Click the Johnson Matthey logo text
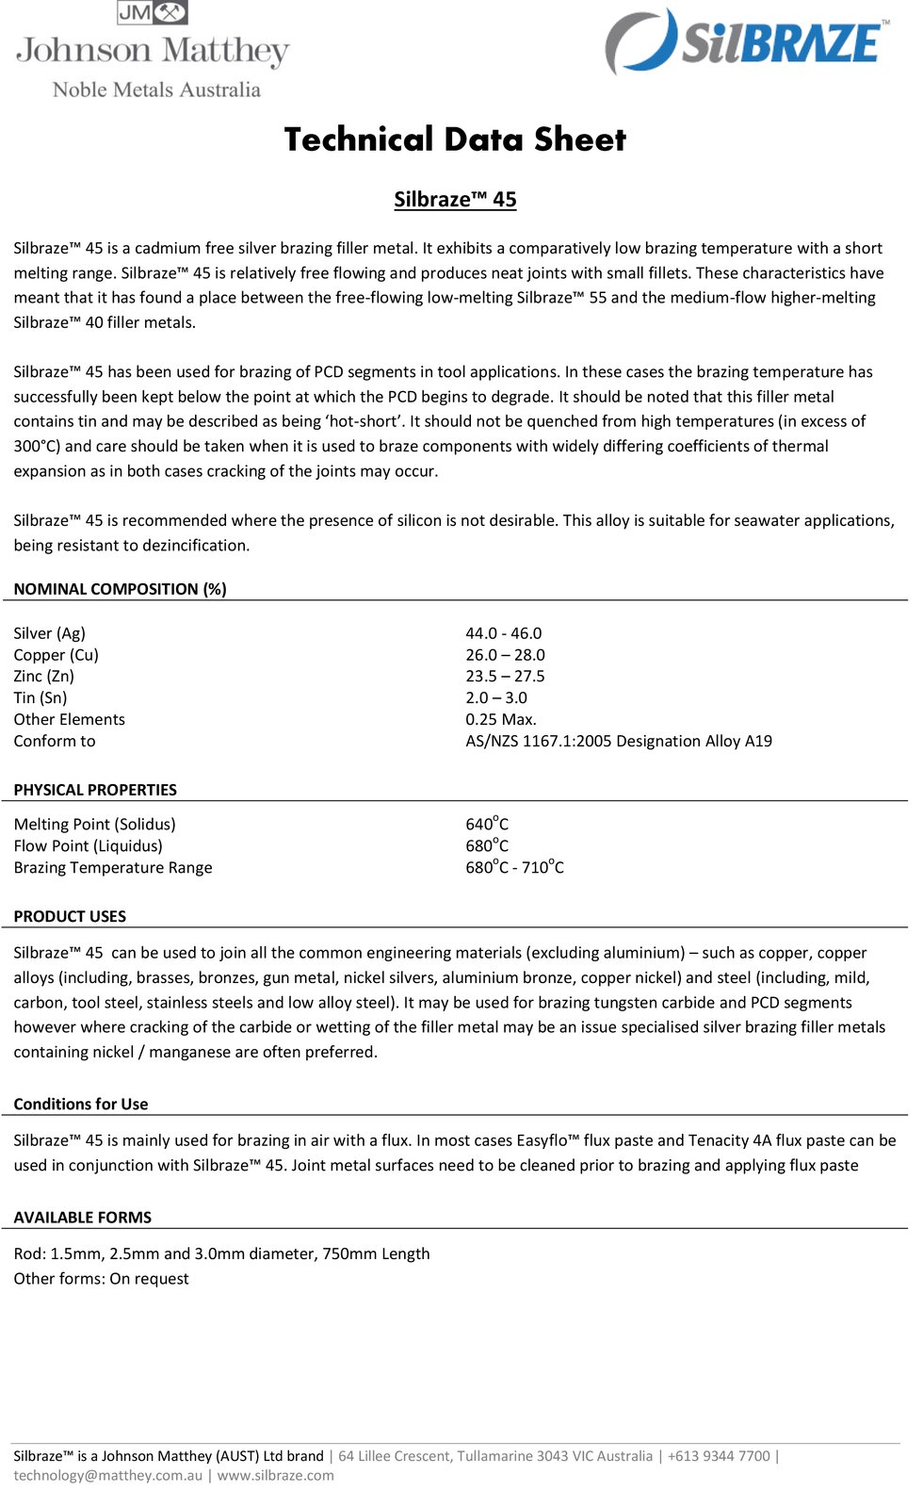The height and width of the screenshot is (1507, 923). point(153,51)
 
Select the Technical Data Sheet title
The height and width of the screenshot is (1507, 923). point(455,139)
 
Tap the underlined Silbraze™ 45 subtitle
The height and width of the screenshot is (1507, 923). point(455,200)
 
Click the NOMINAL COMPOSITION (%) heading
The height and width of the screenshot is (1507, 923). point(120,589)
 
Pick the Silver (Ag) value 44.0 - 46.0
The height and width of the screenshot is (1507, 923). point(503,633)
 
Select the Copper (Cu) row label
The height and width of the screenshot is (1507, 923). point(56,655)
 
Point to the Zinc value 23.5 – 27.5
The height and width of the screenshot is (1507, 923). point(505,677)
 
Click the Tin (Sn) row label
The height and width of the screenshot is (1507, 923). point(40,698)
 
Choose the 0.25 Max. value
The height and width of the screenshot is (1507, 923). point(501,720)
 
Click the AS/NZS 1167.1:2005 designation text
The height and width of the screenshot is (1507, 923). point(619,742)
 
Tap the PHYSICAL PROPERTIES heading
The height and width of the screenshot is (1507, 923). point(95,790)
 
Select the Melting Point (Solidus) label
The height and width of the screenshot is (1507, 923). point(94,825)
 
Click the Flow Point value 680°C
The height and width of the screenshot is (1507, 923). point(487,845)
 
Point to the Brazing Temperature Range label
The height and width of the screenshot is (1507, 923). point(113,868)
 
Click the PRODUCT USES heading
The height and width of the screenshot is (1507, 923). point(70,916)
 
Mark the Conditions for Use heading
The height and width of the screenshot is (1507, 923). point(81,1104)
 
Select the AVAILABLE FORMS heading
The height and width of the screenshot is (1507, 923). point(83,1218)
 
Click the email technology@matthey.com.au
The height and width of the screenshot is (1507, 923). point(108,1475)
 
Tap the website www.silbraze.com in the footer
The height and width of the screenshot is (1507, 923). point(276,1475)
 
